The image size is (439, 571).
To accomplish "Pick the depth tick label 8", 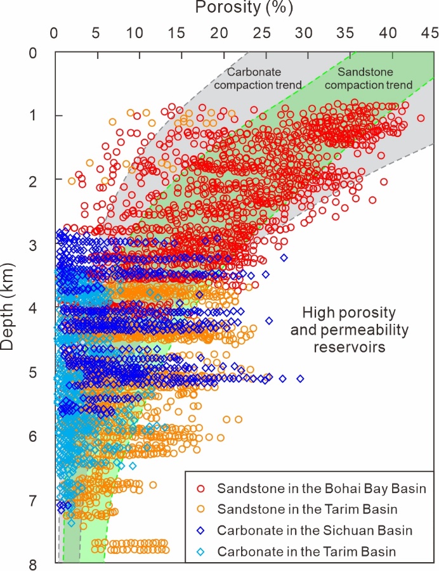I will (42, 564).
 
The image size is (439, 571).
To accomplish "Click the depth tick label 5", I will (42, 372).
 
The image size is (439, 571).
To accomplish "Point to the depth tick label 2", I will (42, 180).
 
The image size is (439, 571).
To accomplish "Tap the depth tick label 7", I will (42, 500).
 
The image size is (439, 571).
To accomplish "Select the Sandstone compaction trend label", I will (374, 78).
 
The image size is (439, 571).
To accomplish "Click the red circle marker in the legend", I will (200, 489).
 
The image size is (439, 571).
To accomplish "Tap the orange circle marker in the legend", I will (200, 510).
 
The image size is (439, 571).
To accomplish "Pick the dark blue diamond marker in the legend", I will (200, 530).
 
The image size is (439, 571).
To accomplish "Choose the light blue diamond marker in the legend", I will (200, 551).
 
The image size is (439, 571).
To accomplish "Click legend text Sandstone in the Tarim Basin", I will (307, 510).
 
